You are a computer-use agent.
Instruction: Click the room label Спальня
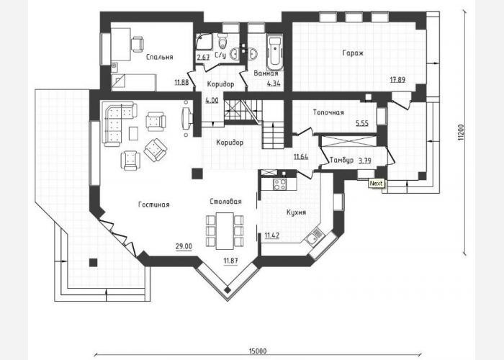click(159, 57)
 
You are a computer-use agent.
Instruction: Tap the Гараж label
click(353, 53)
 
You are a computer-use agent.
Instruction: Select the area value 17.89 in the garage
click(397, 80)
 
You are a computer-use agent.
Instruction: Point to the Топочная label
click(328, 112)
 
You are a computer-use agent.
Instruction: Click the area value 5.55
click(362, 123)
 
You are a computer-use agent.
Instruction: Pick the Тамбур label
click(342, 160)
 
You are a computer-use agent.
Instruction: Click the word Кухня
click(296, 212)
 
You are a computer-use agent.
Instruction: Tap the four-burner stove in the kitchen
click(279, 184)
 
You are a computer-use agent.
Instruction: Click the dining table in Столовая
click(225, 231)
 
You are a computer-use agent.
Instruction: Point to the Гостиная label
click(154, 204)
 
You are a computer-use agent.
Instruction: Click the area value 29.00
click(184, 246)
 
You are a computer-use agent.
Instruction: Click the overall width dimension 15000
click(258, 351)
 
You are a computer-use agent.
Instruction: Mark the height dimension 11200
click(461, 132)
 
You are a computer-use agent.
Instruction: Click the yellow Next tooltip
click(376, 183)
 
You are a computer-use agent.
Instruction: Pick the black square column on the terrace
click(93, 263)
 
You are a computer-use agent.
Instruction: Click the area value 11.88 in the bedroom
click(181, 82)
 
